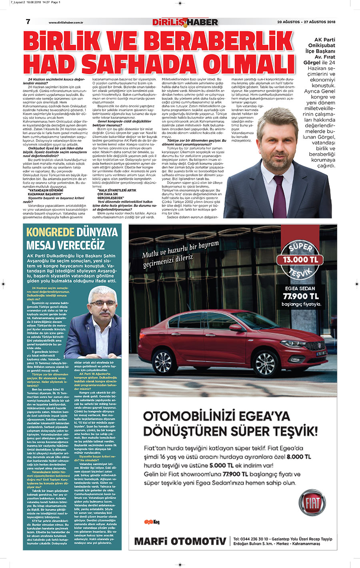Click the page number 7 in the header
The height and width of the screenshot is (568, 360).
[28, 22]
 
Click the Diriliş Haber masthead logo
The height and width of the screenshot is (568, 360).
[185, 22]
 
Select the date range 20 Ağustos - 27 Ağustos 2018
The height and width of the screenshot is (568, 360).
[306, 22]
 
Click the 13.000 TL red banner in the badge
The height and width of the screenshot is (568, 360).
[300, 260]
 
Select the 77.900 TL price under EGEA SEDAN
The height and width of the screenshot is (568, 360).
[301, 296]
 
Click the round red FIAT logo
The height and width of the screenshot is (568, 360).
[312, 503]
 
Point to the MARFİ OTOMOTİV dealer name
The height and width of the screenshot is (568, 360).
[180, 542]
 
